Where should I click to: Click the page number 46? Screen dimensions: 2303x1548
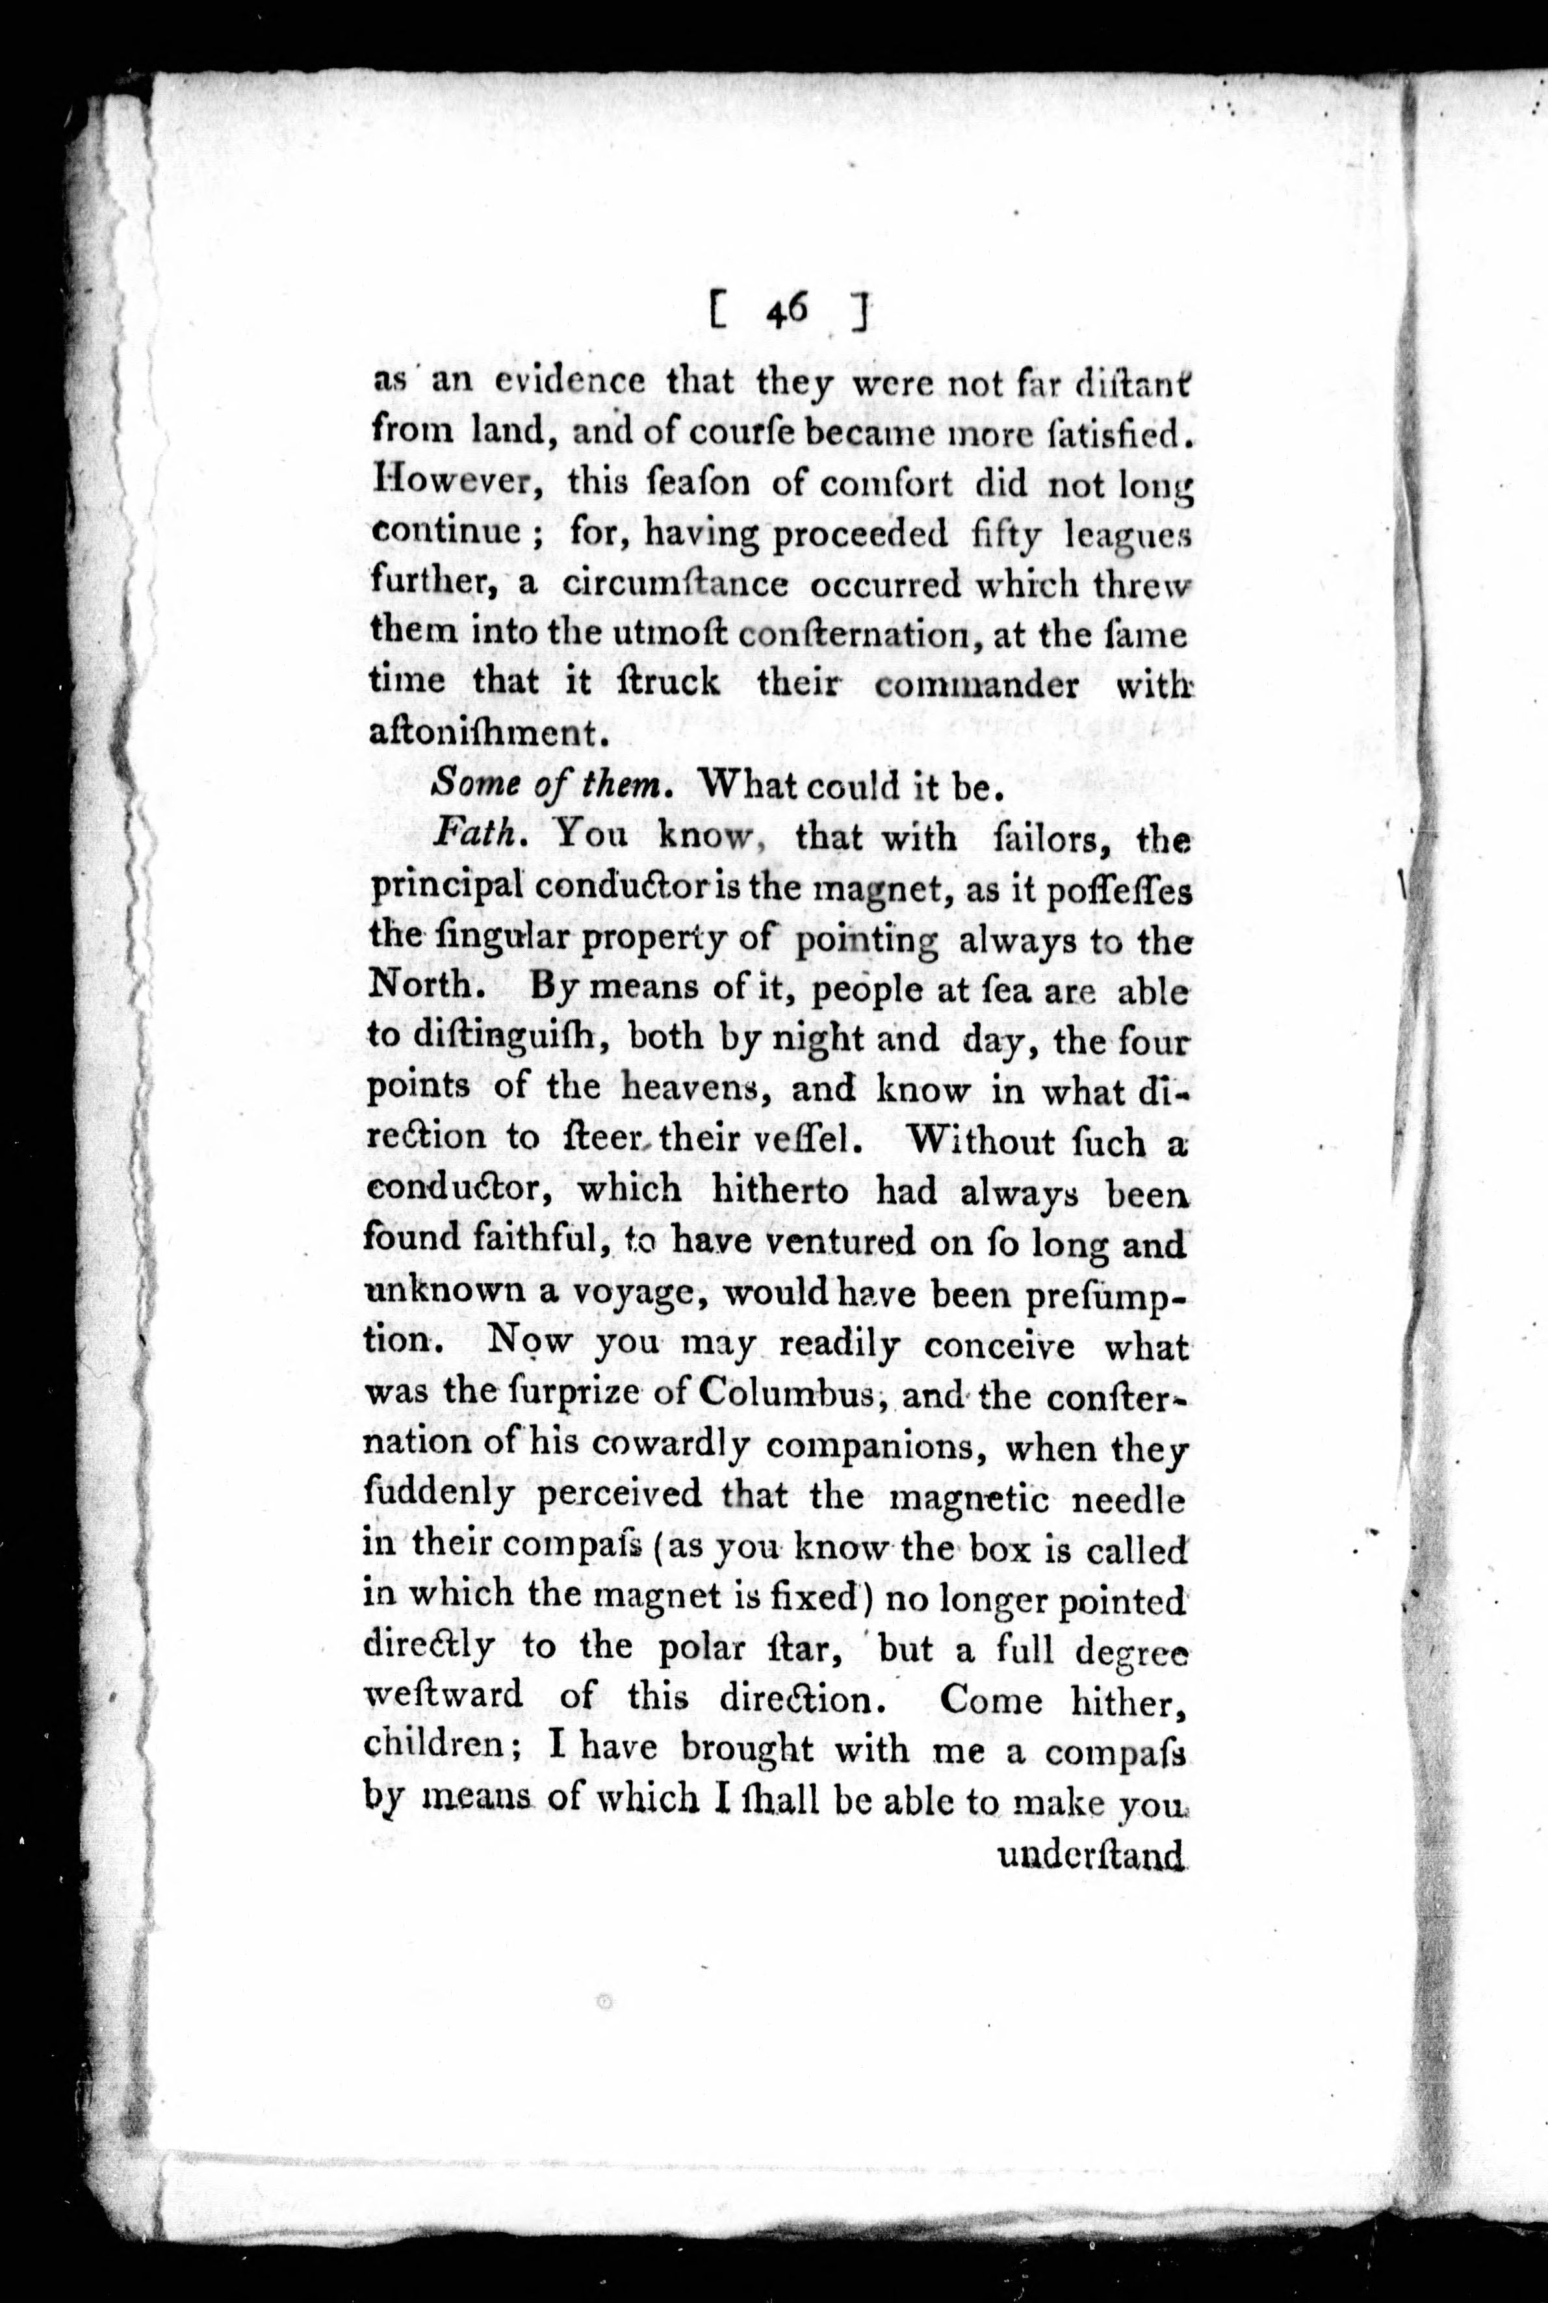787,312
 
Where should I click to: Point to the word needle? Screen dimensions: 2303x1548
1126,1497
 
